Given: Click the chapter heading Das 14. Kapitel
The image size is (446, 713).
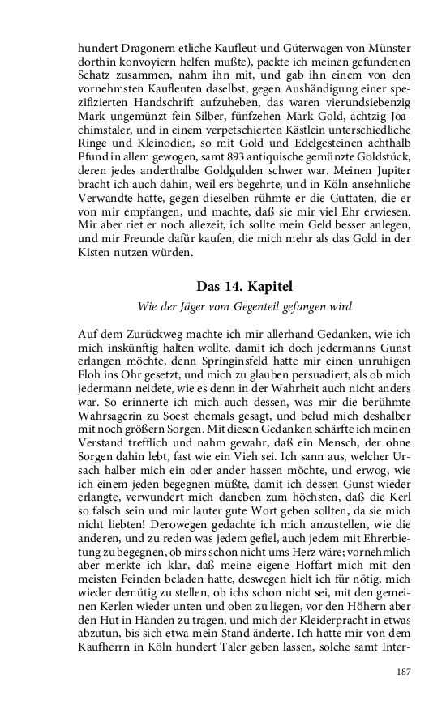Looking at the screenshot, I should pos(222,287).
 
